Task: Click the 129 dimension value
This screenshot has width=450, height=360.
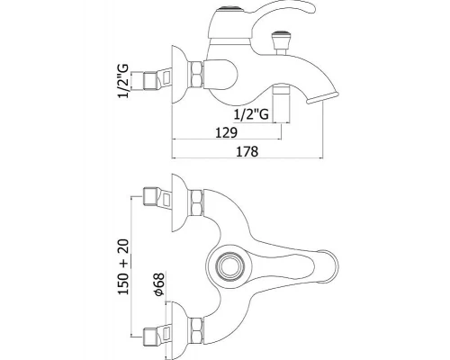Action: (x=226, y=132)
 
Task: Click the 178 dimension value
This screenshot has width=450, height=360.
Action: (x=247, y=151)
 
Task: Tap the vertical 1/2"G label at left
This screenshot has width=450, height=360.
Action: (x=123, y=81)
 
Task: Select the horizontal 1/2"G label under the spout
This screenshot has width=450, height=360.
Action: (x=251, y=114)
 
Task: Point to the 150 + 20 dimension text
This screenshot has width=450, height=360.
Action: (x=123, y=266)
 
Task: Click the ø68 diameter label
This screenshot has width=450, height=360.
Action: (x=158, y=284)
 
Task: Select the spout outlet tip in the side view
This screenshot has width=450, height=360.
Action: (x=321, y=98)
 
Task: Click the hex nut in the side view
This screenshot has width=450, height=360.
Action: (x=195, y=75)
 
